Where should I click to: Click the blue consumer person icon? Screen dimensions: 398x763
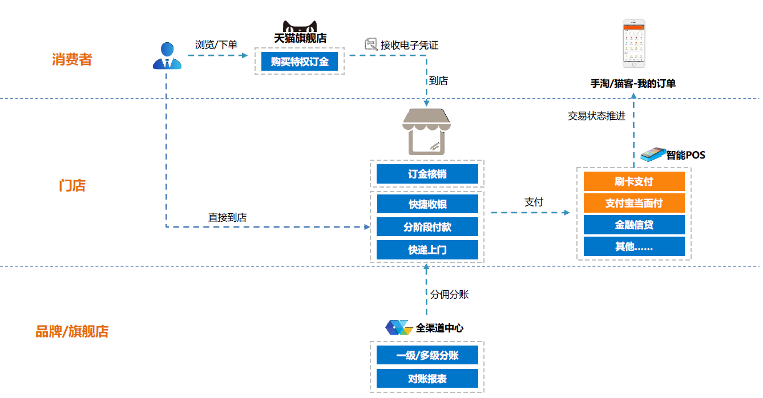click(167, 56)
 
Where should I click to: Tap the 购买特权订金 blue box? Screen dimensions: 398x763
click(300, 62)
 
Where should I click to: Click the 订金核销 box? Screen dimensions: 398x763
click(427, 174)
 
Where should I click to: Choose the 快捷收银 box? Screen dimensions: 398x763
click(427, 204)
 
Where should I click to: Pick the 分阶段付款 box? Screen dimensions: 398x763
click(427, 227)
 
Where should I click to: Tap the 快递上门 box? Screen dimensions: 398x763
click(427, 250)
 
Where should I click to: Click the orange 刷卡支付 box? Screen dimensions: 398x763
click(633, 181)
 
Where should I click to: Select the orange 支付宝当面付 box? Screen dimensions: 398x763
click(633, 203)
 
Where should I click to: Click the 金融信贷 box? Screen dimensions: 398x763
click(633, 225)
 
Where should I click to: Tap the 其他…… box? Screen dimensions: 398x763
click(633, 246)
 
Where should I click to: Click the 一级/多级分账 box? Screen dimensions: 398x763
click(427, 355)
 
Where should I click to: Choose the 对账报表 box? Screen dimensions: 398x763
click(427, 378)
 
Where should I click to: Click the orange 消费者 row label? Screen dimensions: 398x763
click(72, 59)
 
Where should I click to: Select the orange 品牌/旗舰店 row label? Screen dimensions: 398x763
click(72, 331)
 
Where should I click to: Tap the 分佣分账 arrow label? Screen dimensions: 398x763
click(449, 294)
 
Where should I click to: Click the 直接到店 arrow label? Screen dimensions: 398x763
click(227, 217)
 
